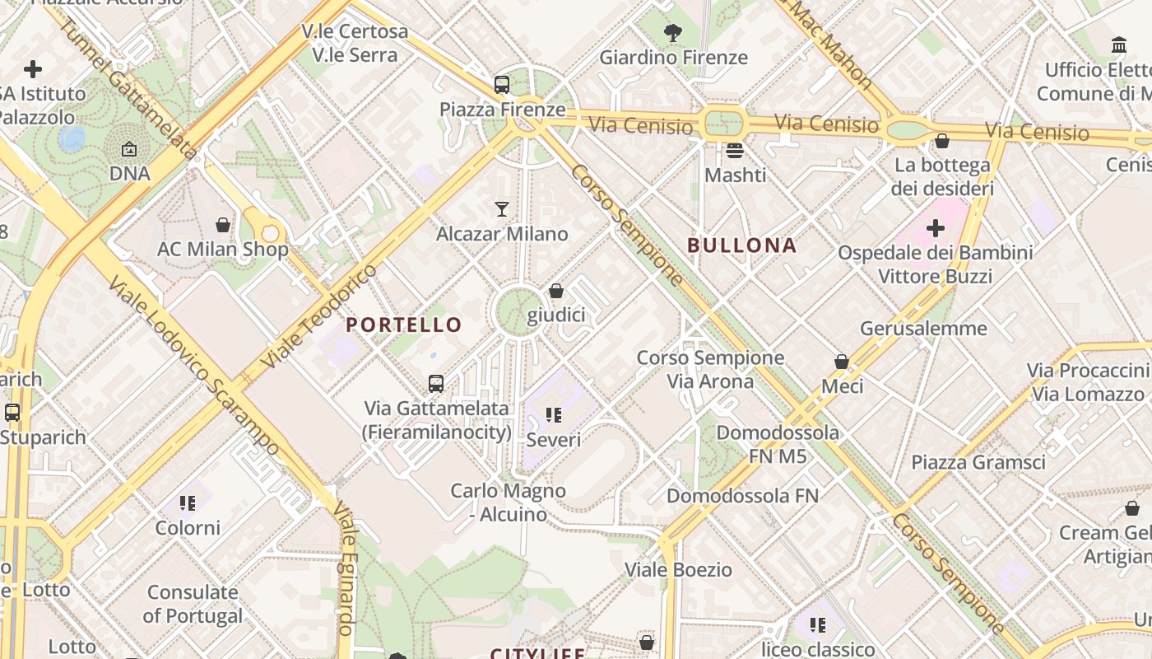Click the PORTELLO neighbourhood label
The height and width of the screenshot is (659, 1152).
[404, 325]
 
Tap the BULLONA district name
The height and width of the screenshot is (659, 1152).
[742, 245]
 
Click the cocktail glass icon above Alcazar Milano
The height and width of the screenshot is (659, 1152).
[502, 209]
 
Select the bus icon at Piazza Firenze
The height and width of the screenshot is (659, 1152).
[502, 84]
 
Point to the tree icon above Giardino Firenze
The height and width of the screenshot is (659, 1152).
[673, 33]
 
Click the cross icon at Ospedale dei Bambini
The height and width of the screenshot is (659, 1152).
[935, 227]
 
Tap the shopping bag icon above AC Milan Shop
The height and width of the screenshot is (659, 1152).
[223, 224]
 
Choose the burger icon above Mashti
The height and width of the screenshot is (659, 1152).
[735, 151]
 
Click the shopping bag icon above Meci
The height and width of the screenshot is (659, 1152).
[842, 362]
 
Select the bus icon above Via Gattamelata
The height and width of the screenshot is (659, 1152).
[436, 383]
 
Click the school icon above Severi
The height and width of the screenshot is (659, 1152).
[554, 415]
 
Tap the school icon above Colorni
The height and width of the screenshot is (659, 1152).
[188, 502]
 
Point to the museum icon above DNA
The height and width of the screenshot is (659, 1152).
[129, 150]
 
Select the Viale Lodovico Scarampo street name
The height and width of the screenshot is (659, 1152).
[194, 367]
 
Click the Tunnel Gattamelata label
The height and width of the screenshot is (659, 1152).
[128, 87]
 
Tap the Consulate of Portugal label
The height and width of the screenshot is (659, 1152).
[193, 604]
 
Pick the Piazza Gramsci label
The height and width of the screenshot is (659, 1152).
[978, 462]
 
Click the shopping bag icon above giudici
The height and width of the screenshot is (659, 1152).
[556, 291]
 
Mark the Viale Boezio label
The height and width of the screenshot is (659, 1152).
[679, 569]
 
